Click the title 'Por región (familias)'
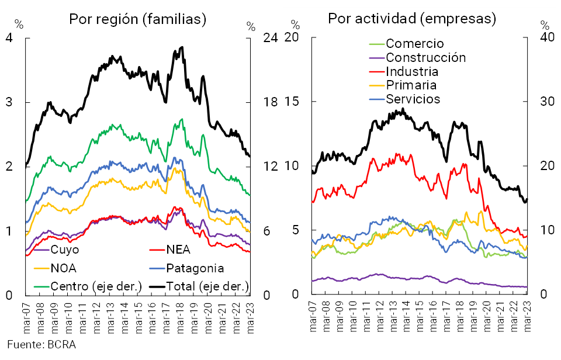coord(137,19)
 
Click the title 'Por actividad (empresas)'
coord(411,19)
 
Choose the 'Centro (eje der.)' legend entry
coord(88,286)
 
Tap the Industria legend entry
coord(411,71)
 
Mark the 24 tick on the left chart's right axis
coord(270,38)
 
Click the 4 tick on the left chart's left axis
coord(9,38)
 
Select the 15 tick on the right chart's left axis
coord(292,102)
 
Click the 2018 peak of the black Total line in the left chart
coord(182,47)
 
